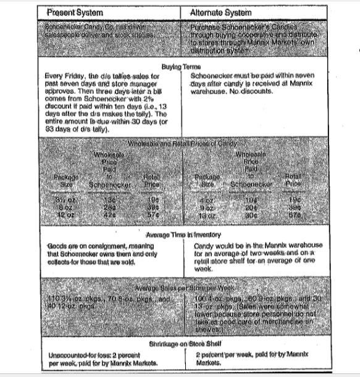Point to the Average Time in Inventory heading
[x=179, y=235]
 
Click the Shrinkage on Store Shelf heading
[x=179, y=343]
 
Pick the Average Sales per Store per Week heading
[x=179, y=288]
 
